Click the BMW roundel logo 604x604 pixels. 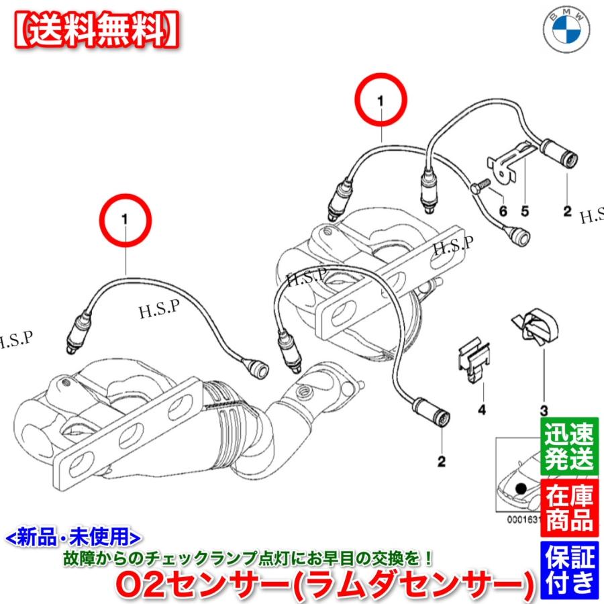(568, 32)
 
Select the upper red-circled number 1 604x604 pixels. (381, 100)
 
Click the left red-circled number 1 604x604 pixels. (125, 219)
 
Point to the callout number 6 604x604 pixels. (501, 211)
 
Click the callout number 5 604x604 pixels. (525, 211)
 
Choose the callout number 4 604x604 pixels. (481, 409)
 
